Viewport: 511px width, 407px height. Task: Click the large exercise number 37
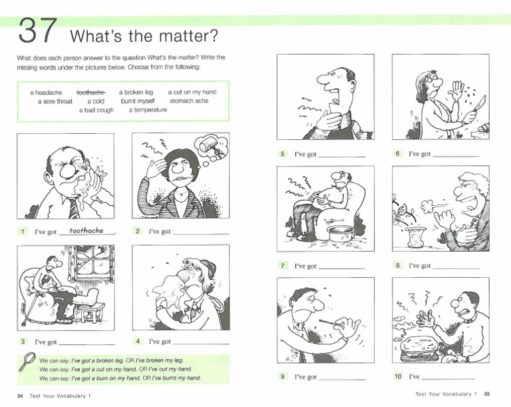pyautogui.click(x=38, y=31)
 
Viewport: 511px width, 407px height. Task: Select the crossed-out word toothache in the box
pyautogui.click(x=91, y=93)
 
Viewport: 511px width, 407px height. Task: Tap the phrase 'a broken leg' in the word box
pyautogui.click(x=136, y=93)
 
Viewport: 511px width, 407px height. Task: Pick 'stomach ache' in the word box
pyautogui.click(x=189, y=101)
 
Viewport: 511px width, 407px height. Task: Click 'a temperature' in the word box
pyautogui.click(x=148, y=110)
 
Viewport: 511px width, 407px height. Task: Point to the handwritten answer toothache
pyautogui.click(x=86, y=230)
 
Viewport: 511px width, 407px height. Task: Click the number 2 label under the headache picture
pyautogui.click(x=138, y=231)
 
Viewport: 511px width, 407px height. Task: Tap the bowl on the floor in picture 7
pyautogui.click(x=341, y=233)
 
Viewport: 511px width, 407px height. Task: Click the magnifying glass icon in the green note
pyautogui.click(x=27, y=361)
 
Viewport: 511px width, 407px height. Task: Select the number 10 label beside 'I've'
pyautogui.click(x=398, y=376)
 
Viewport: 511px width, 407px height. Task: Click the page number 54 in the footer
pyautogui.click(x=20, y=396)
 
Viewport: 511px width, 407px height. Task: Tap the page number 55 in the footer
pyautogui.click(x=487, y=394)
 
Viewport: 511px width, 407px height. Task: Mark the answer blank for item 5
pyautogui.click(x=342, y=157)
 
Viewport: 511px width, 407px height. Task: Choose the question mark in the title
pyautogui.click(x=214, y=35)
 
